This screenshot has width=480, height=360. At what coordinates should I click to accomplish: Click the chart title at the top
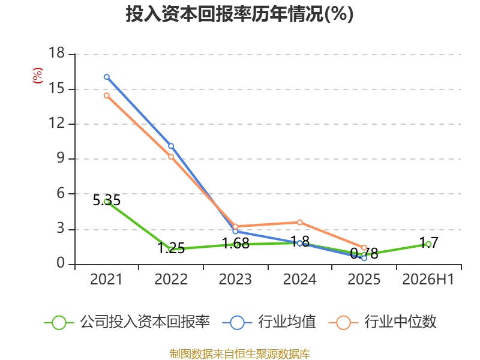239,14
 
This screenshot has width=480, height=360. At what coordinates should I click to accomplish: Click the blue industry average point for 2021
107,77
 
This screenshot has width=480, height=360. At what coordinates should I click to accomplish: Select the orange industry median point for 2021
107,95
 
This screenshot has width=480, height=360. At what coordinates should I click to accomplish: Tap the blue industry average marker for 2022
171,146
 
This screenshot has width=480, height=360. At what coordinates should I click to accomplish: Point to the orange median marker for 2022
171,157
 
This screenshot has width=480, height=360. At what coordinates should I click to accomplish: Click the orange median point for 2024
299,222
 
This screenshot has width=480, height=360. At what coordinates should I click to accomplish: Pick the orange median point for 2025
364,248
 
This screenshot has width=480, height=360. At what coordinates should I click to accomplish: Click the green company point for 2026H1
428,244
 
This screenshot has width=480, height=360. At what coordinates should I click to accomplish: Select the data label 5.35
107,200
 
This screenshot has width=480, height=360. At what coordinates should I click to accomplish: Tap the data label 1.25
171,248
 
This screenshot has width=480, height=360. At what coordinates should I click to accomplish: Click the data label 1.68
235,244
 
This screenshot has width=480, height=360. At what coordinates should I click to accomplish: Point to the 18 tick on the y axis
57,53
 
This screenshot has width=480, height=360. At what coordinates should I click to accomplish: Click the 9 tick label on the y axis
61,158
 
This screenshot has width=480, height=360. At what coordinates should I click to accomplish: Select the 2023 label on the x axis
235,280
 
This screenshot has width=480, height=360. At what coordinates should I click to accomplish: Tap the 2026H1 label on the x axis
428,280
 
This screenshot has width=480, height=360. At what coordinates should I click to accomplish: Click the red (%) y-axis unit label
38,76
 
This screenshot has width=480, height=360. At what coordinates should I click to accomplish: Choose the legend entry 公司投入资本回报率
127,322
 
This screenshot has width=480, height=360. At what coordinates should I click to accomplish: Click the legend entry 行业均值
269,322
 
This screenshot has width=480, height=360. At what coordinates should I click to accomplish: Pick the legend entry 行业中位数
383,322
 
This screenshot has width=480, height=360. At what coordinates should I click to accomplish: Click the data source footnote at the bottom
240,354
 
